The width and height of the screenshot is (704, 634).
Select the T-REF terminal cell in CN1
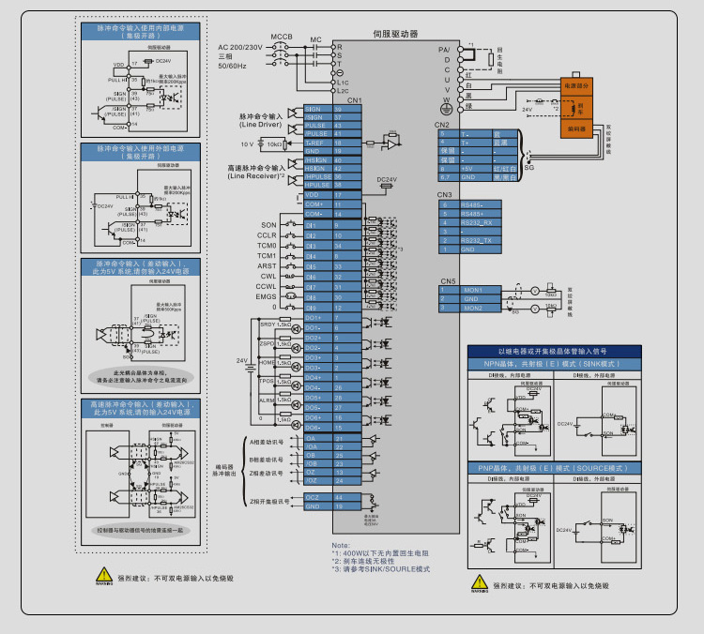[x=317, y=143]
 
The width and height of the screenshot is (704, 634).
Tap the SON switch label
[x=268, y=226]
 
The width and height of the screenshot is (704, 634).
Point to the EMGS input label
[x=268, y=296]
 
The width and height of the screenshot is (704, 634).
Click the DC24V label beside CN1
[x=386, y=179]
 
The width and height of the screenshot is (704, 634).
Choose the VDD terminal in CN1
[x=317, y=194]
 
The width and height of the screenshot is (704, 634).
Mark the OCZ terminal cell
[x=317, y=496]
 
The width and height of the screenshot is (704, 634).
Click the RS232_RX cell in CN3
[x=480, y=221]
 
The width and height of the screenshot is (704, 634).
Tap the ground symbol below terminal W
[x=447, y=110]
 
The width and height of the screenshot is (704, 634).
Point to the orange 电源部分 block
[x=575, y=84]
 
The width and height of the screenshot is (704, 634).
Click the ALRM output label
[x=267, y=398]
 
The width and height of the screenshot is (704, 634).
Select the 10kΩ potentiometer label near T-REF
[x=275, y=144]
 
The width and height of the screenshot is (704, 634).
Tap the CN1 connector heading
[x=355, y=100]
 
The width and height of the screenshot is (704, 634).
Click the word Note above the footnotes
[x=341, y=546]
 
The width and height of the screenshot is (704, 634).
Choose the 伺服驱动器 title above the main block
[x=395, y=33]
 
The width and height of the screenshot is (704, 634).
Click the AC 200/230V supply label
[x=240, y=46]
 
